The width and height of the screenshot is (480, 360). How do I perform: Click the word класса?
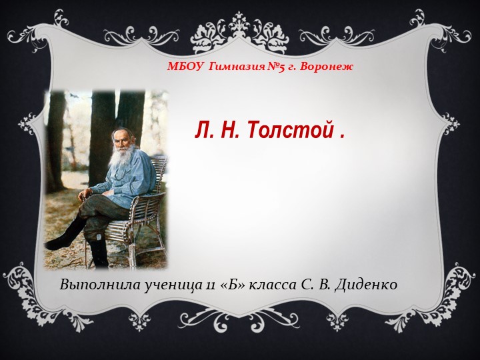coord(273,285)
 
